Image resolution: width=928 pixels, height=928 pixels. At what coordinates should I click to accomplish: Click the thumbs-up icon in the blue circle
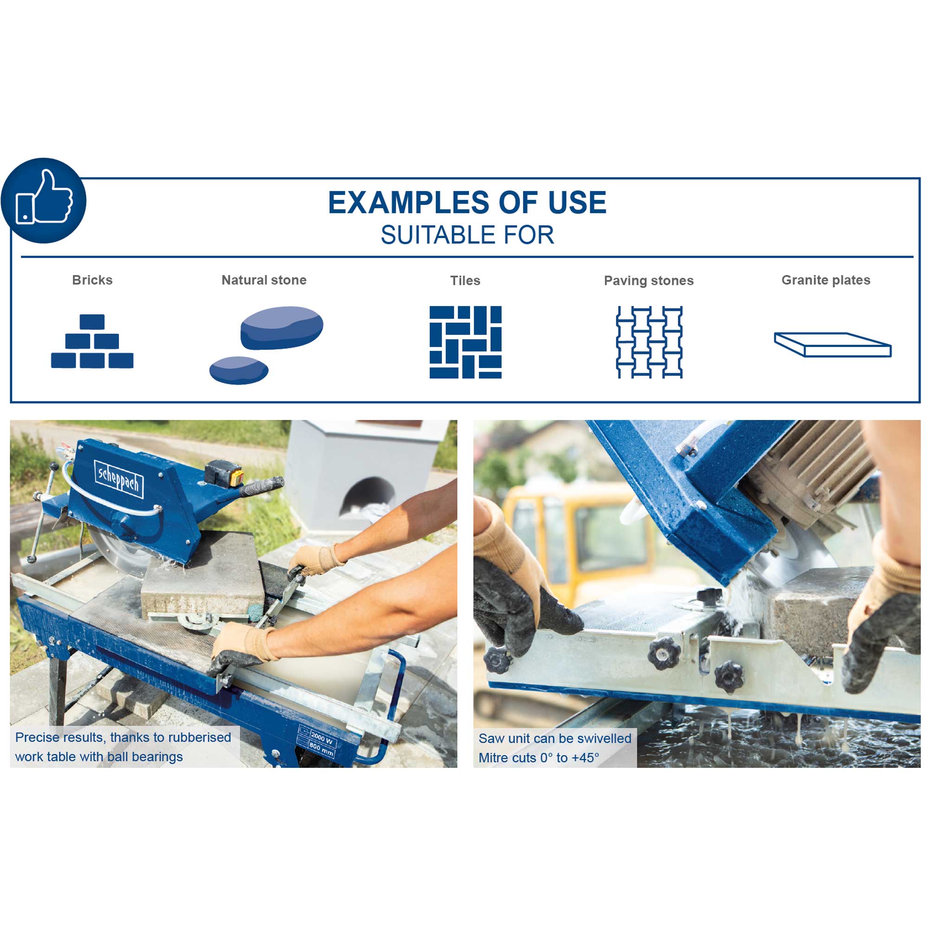[x=44, y=197]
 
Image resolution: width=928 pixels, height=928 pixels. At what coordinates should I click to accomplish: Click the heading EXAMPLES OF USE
[x=467, y=202]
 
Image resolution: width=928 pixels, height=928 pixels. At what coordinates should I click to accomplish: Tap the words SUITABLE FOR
[x=467, y=235]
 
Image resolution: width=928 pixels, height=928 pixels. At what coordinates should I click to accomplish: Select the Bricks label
[x=92, y=280]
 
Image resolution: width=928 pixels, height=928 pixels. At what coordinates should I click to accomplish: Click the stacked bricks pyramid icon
[x=92, y=341]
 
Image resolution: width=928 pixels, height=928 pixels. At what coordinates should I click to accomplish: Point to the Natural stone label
[x=264, y=280]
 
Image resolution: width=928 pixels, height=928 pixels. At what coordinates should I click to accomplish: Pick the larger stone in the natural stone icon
[x=282, y=328]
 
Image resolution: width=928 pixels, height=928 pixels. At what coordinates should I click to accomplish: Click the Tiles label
[x=465, y=281]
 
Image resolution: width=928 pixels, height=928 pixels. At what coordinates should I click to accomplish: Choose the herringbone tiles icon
[x=465, y=342]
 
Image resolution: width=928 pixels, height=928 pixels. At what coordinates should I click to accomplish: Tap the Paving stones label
[x=649, y=281]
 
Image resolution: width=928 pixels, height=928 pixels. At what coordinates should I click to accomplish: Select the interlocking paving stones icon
[x=649, y=342]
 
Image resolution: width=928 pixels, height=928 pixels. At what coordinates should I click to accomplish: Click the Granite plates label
[x=826, y=280]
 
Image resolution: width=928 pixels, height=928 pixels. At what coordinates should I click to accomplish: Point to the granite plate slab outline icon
[x=832, y=344]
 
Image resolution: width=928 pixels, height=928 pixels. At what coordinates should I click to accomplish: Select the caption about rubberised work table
[x=123, y=747]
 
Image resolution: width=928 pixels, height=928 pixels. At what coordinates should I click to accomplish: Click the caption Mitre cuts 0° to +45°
[x=538, y=758]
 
